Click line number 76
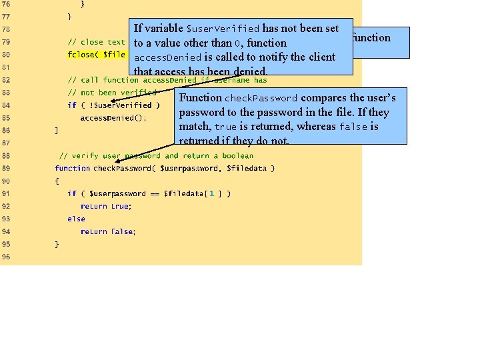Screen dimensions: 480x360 tap(6, 4)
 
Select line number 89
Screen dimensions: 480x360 tap(6, 168)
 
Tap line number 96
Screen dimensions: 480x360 tap(6, 257)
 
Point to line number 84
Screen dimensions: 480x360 tap(6, 105)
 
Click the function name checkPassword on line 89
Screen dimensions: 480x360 tap(121, 168)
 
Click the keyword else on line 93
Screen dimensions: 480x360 tap(76, 219)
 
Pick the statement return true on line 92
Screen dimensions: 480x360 tap(106, 206)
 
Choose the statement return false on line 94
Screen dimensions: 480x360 tap(107, 231)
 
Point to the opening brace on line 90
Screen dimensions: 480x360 tap(57, 181)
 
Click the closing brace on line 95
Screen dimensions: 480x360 tap(57, 244)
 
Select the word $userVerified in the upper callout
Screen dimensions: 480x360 tap(223, 29)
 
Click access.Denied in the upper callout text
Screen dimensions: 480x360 tap(163, 57)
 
